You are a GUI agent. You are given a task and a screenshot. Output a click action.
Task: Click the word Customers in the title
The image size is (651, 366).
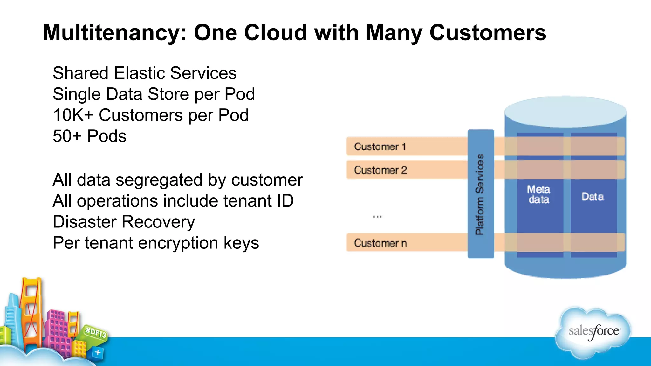click(488, 33)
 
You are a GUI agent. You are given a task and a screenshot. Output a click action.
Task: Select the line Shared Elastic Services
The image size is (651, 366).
click(144, 73)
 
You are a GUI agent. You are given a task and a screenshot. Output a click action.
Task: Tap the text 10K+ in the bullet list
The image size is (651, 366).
click(73, 115)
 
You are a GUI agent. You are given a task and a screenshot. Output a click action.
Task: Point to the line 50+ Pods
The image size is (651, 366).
click(89, 136)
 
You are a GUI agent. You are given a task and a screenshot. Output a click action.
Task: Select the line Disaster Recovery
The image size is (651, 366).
click(124, 222)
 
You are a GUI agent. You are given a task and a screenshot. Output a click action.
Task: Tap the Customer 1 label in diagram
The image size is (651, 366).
click(380, 146)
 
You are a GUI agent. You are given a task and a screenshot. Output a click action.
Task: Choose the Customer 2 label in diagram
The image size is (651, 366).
click(380, 170)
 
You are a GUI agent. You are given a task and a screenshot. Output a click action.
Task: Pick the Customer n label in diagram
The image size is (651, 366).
click(380, 243)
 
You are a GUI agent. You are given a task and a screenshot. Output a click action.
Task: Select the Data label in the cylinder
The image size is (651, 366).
click(593, 197)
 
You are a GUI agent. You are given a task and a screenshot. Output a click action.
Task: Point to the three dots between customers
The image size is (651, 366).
click(377, 217)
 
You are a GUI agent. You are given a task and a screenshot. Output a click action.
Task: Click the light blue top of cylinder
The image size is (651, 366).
click(565, 111)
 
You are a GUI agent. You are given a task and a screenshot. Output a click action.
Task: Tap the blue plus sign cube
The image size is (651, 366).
click(98, 352)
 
